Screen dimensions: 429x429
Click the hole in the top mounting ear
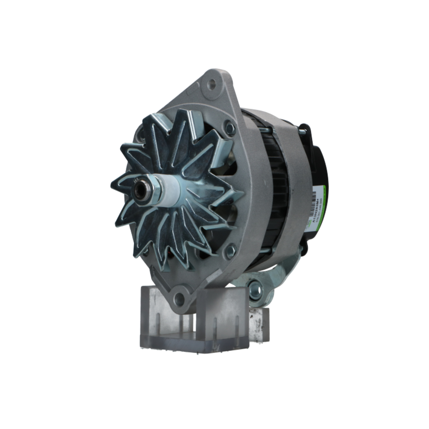211,84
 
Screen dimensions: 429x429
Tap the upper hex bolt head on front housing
230,128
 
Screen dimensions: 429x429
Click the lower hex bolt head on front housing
230,251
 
